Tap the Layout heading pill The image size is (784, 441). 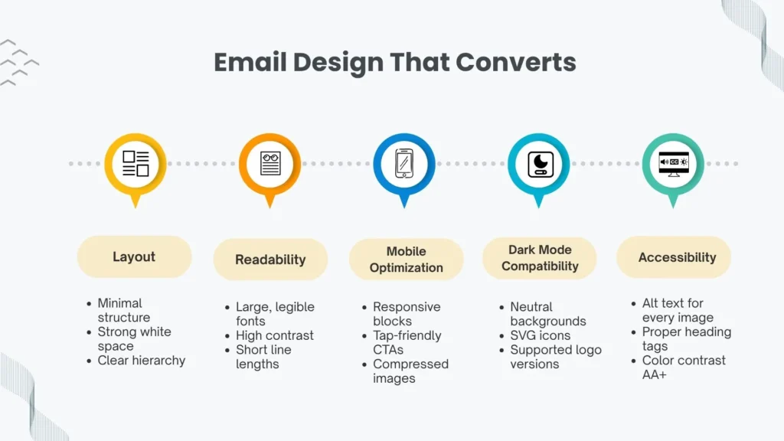[x=134, y=257]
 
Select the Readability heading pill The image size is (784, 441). [x=270, y=260]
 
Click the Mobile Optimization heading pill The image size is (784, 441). [x=406, y=260]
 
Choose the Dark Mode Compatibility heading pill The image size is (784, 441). [x=540, y=258]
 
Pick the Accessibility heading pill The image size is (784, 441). [x=677, y=257]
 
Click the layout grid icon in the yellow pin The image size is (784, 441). [x=136, y=163]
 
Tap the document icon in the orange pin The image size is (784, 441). [x=269, y=163]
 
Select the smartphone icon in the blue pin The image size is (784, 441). [x=404, y=163]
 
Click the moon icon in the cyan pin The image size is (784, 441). [x=539, y=163]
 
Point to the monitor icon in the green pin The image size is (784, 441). [x=674, y=163]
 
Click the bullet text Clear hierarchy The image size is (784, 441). [x=141, y=361]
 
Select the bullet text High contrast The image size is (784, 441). [x=274, y=335]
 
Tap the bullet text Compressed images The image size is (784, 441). [x=410, y=371]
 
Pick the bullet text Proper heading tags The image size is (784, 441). [x=686, y=339]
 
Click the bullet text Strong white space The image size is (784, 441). [x=134, y=339]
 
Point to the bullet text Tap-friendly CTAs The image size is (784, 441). [x=407, y=342]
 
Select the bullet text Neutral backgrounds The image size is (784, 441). [x=547, y=314]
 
